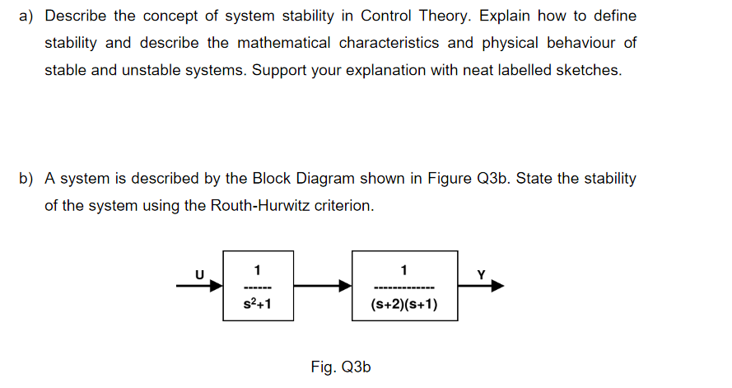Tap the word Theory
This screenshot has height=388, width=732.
450,16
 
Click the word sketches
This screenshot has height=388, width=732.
588,70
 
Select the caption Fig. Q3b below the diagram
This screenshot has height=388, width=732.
341,367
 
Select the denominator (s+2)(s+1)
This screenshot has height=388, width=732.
403,306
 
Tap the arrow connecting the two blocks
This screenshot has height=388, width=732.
322,287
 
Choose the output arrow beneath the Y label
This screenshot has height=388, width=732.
481,287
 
